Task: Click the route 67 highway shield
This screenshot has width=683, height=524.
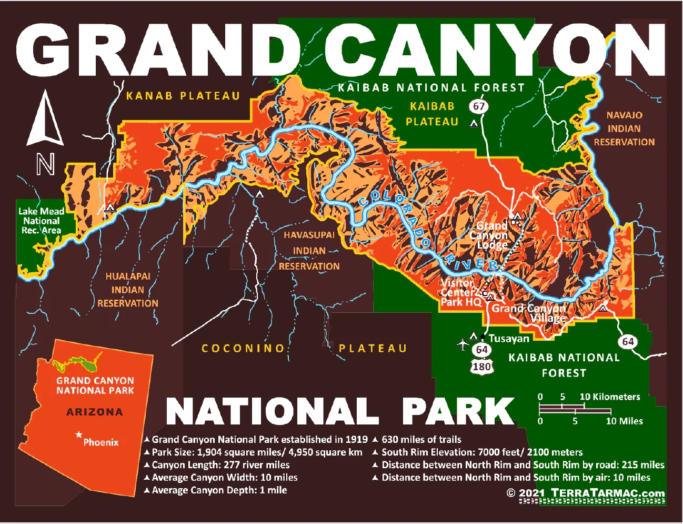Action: tap(478, 106)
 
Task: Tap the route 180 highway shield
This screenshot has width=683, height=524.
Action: tap(481, 367)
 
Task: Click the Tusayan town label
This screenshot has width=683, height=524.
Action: tap(508, 339)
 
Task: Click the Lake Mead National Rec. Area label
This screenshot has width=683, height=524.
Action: tap(41, 221)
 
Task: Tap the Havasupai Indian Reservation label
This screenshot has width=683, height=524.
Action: tap(309, 251)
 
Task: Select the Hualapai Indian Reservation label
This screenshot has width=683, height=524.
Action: tap(127, 290)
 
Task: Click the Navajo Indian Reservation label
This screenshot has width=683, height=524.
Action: tap(624, 128)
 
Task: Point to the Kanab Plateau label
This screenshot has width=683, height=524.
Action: tap(183, 96)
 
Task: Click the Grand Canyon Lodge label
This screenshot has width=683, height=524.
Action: tap(492, 235)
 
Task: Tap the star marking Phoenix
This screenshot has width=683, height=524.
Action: tap(79, 435)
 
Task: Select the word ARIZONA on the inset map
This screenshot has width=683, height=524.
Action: tap(95, 412)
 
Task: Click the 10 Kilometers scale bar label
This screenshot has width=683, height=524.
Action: tap(609, 397)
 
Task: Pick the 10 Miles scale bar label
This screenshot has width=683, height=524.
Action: tap(624, 421)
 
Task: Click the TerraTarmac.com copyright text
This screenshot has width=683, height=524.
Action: tap(585, 493)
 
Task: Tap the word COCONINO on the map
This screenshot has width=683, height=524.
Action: tap(243, 348)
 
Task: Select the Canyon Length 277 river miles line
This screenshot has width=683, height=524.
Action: tap(220, 464)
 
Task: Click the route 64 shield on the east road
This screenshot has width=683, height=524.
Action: tap(628, 341)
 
